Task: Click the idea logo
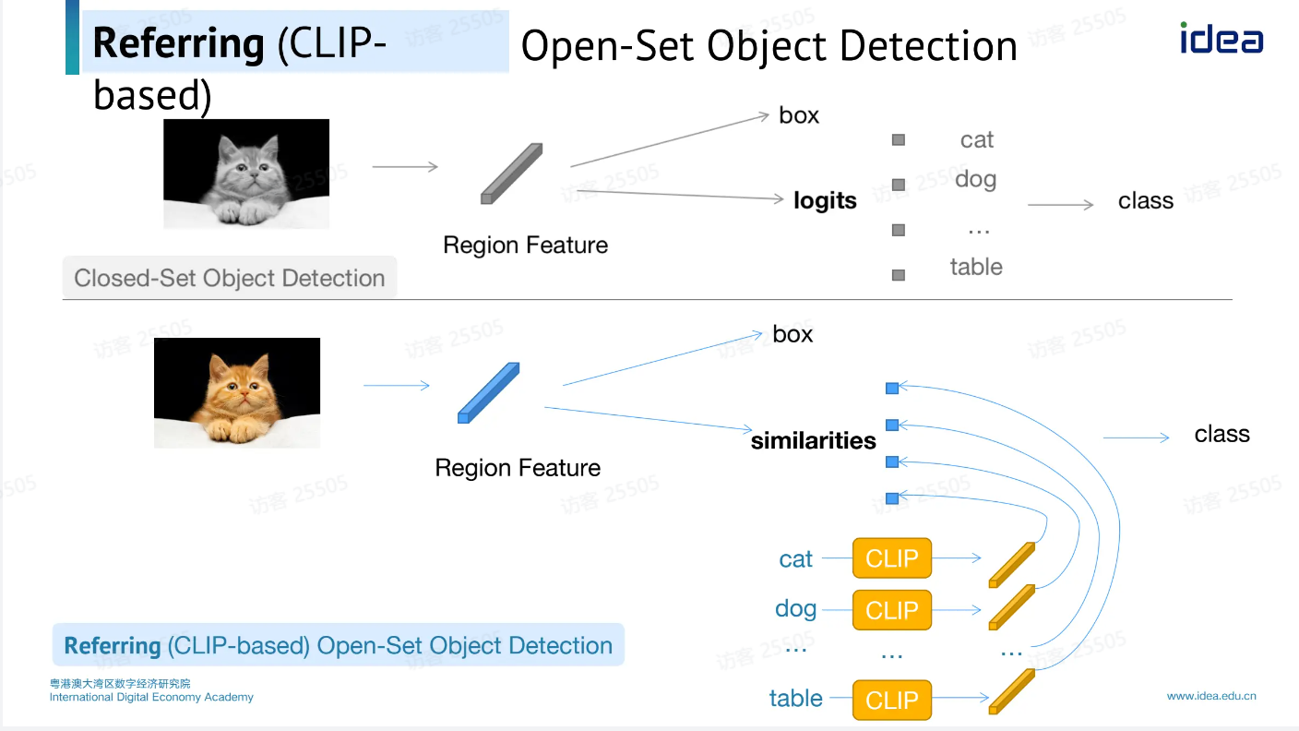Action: [x=1221, y=39]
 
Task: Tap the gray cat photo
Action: [x=246, y=174]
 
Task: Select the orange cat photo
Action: [x=237, y=392]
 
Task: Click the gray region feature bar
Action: [x=512, y=174]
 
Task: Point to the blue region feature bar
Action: [x=489, y=393]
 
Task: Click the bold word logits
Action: [x=825, y=201]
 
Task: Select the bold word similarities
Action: [x=813, y=440]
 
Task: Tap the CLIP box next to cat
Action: [x=892, y=558]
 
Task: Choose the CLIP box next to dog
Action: [x=892, y=610]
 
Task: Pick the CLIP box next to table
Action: [x=892, y=700]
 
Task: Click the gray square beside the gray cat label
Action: [x=899, y=140]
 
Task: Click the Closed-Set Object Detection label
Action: [x=229, y=278]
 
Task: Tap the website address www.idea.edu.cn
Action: [x=1211, y=696]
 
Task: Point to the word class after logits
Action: [x=1145, y=201]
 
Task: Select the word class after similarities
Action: [x=1222, y=434]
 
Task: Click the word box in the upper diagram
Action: [x=799, y=115]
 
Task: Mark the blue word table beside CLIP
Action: [x=795, y=699]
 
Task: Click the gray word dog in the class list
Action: [x=975, y=179]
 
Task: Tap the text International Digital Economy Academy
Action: [x=151, y=697]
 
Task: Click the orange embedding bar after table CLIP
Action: [x=1011, y=692]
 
